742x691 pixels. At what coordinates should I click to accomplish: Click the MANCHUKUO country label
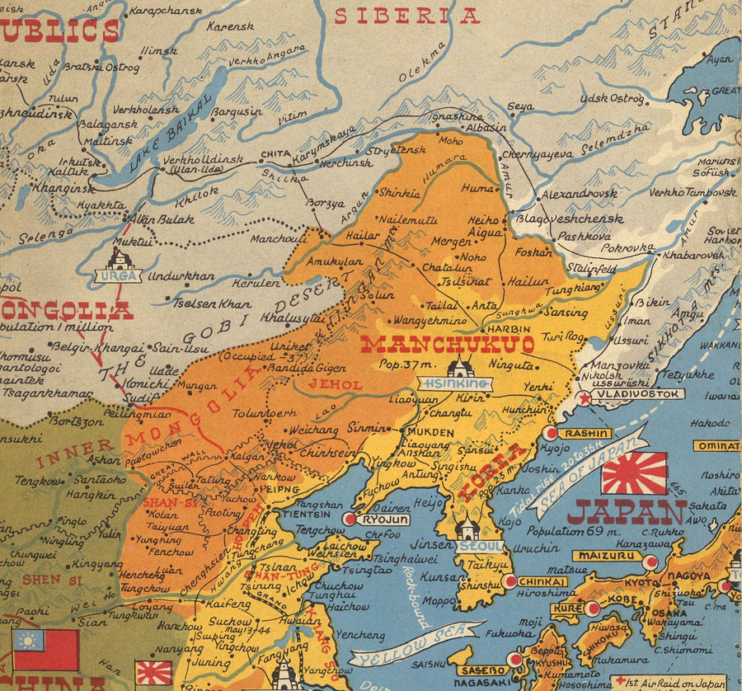(x=448, y=344)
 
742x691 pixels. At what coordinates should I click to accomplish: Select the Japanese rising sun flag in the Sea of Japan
(x=634, y=472)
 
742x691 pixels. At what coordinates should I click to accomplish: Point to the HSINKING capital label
(x=456, y=383)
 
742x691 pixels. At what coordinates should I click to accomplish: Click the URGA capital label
(x=119, y=276)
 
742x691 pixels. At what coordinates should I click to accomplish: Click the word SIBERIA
(x=406, y=16)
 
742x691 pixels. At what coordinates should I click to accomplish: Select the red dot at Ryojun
(x=350, y=519)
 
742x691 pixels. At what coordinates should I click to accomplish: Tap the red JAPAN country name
(x=627, y=512)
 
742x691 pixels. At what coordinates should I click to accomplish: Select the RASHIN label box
(x=586, y=433)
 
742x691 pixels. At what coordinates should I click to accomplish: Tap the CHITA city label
(x=275, y=153)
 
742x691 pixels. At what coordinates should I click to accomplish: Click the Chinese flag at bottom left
(x=45, y=649)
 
